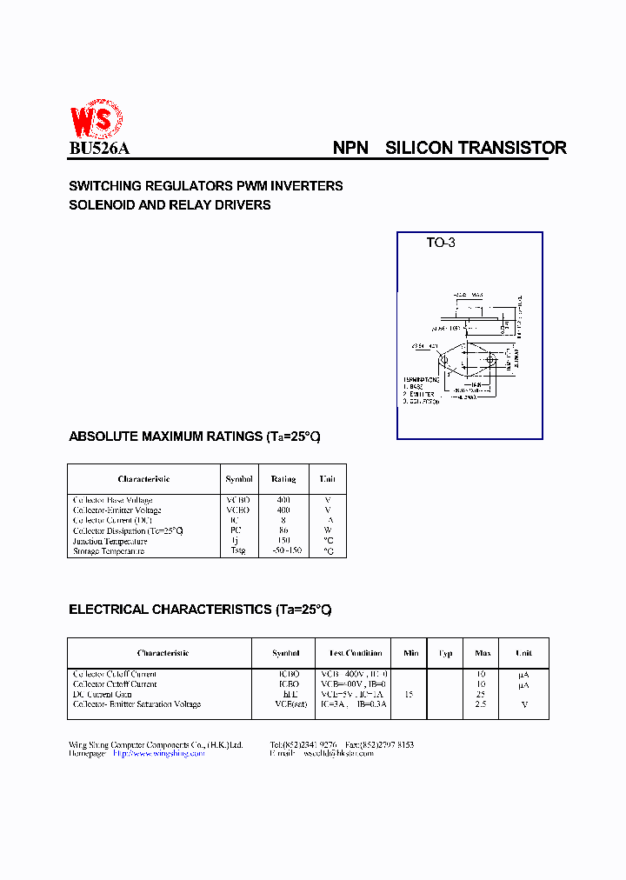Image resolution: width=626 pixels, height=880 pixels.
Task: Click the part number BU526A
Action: [99, 149]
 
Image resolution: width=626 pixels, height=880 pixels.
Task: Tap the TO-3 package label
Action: [440, 243]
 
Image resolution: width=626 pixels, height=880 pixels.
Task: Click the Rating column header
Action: [283, 479]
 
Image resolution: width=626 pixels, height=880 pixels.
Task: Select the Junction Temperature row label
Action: [110, 541]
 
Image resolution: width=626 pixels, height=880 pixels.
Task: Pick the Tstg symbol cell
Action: [238, 551]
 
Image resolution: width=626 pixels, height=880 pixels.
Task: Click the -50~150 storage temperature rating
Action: [283, 551]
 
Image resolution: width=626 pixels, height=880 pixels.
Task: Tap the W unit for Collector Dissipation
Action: [328, 530]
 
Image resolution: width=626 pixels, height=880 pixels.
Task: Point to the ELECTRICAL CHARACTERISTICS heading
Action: [200, 610]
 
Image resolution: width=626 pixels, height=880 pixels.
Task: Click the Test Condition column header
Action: [355, 653]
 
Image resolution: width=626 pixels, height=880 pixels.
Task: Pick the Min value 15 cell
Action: [410, 694]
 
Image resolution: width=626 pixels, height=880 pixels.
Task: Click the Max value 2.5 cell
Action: [481, 704]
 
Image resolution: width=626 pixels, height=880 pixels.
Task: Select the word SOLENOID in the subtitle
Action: [97, 205]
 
